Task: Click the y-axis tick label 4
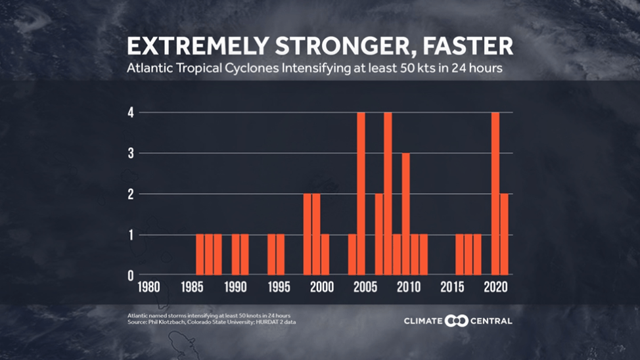pos(131,112)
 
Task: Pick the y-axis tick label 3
pos(131,153)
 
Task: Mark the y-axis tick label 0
pos(131,275)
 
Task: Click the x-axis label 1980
pos(147,287)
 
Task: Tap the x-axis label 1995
pos(279,287)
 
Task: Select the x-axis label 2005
pos(365,287)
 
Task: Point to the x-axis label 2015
pos(453,287)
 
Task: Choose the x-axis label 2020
pos(496,287)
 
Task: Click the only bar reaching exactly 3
pos(405,214)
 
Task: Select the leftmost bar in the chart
pos(200,254)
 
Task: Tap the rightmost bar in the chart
pos(504,234)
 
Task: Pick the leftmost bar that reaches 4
pos(361,193)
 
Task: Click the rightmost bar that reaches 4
pos(495,193)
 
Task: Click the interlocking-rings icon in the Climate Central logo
pos(456,321)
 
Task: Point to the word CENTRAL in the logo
pos(491,321)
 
